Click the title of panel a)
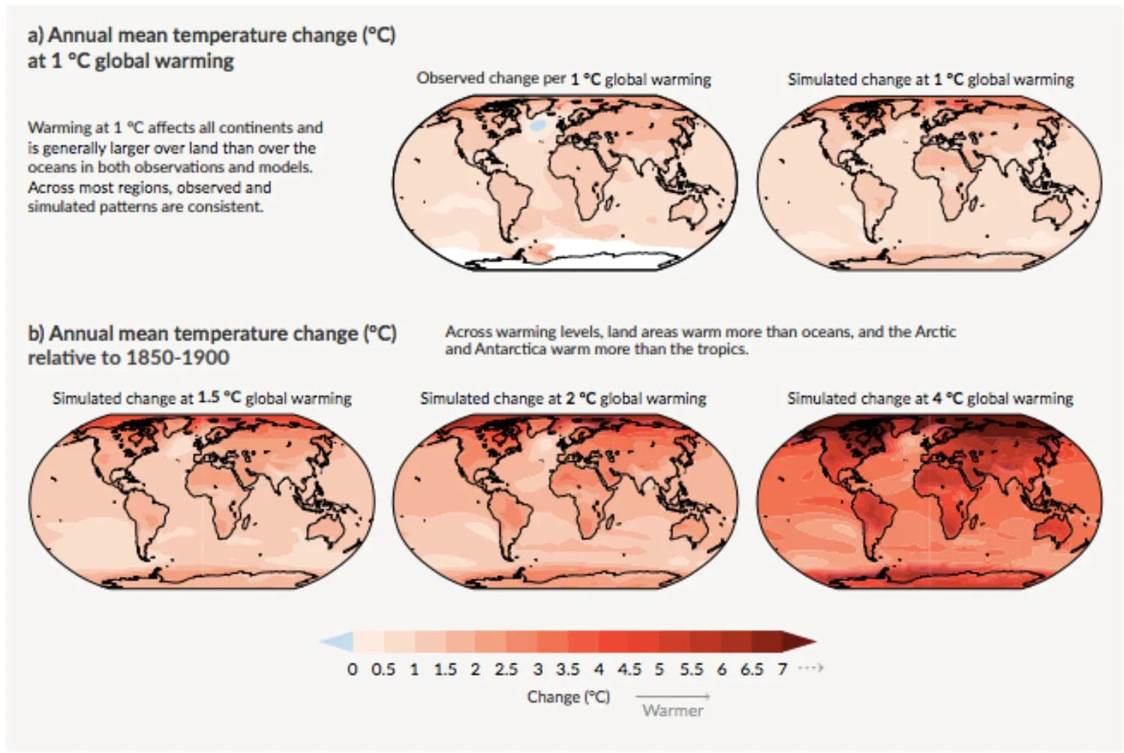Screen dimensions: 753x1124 pyautogui.click(x=211, y=47)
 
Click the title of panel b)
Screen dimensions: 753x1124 pyautogui.click(x=212, y=344)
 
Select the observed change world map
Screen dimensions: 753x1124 pyautogui.click(x=565, y=183)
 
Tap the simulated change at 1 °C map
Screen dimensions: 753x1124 pyautogui.click(x=929, y=183)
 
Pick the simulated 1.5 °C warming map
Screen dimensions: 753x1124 pyautogui.click(x=201, y=501)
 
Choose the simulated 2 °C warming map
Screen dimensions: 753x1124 pyautogui.click(x=565, y=501)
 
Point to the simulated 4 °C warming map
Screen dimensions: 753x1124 pyautogui.click(x=929, y=501)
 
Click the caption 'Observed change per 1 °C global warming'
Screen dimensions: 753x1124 pyautogui.click(x=564, y=79)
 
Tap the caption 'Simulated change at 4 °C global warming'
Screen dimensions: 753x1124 pyautogui.click(x=930, y=398)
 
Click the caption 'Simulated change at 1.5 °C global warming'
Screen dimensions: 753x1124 pyautogui.click(x=202, y=398)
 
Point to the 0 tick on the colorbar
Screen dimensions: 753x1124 pyautogui.click(x=353, y=668)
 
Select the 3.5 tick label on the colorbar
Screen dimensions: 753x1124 pyautogui.click(x=567, y=668)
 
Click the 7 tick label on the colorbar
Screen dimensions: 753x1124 pyautogui.click(x=783, y=668)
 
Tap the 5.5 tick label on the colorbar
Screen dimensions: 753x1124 pyautogui.click(x=691, y=668)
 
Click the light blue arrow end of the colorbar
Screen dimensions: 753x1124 pyautogui.click(x=337, y=642)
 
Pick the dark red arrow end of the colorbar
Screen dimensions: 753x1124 pyautogui.click(x=798, y=642)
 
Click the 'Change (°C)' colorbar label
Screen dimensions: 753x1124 pyautogui.click(x=568, y=697)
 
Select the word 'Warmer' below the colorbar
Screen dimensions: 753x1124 pyautogui.click(x=672, y=710)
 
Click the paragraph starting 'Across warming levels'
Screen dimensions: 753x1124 pyautogui.click(x=700, y=340)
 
